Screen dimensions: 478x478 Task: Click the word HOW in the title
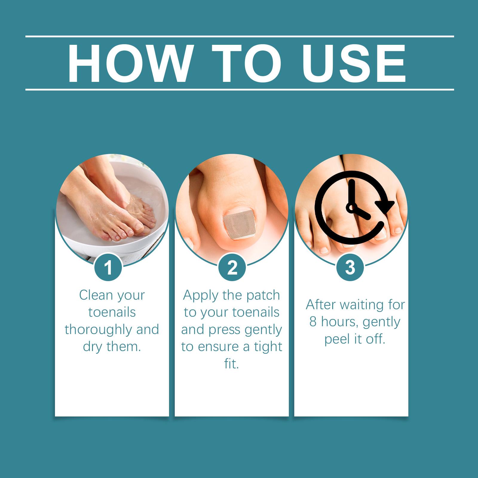(129, 63)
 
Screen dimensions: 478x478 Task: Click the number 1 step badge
(108, 267)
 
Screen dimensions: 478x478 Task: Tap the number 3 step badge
(350, 267)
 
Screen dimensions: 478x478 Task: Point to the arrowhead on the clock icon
(385, 205)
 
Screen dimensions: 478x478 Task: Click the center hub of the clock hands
(350, 207)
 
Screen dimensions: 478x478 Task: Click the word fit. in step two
(232, 364)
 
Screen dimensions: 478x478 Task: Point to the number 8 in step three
(313, 322)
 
